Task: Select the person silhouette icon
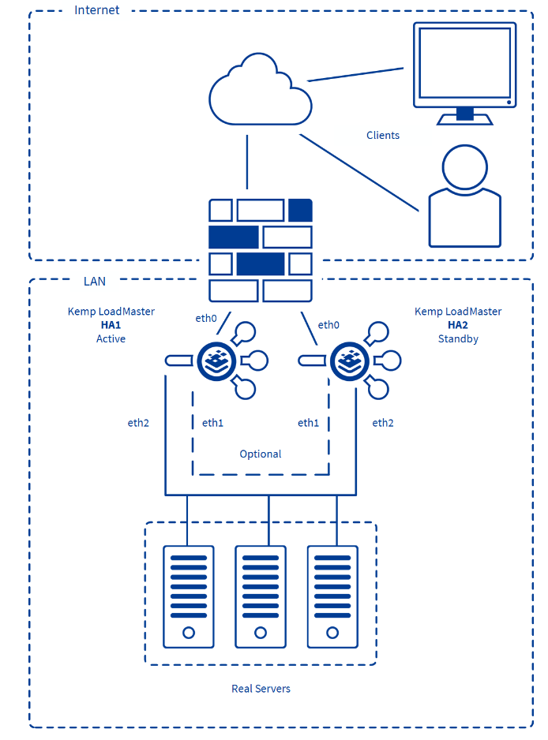point(464,197)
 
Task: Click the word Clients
point(383,135)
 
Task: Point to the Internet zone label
point(97,10)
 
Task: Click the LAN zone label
point(95,281)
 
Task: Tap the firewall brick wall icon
point(261,250)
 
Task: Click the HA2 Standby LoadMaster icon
point(349,361)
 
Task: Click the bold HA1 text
point(111,325)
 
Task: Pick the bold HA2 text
point(458,325)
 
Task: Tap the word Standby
point(458,338)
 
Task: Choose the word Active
point(111,338)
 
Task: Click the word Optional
point(261,454)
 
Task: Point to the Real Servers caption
point(261,689)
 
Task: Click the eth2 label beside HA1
point(138,423)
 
